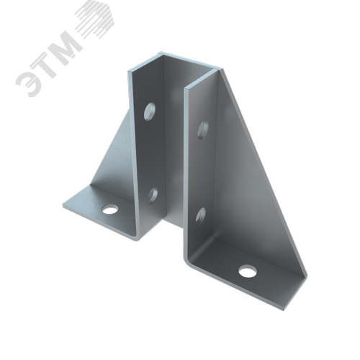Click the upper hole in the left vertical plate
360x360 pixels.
[150, 112]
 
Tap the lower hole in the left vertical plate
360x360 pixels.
[153, 196]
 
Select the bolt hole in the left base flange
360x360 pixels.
[110, 210]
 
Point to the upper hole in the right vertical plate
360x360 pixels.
[203, 130]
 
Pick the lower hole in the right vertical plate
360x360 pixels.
[201, 216]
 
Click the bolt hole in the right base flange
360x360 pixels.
[248, 271]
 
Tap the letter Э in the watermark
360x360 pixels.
[29, 81]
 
